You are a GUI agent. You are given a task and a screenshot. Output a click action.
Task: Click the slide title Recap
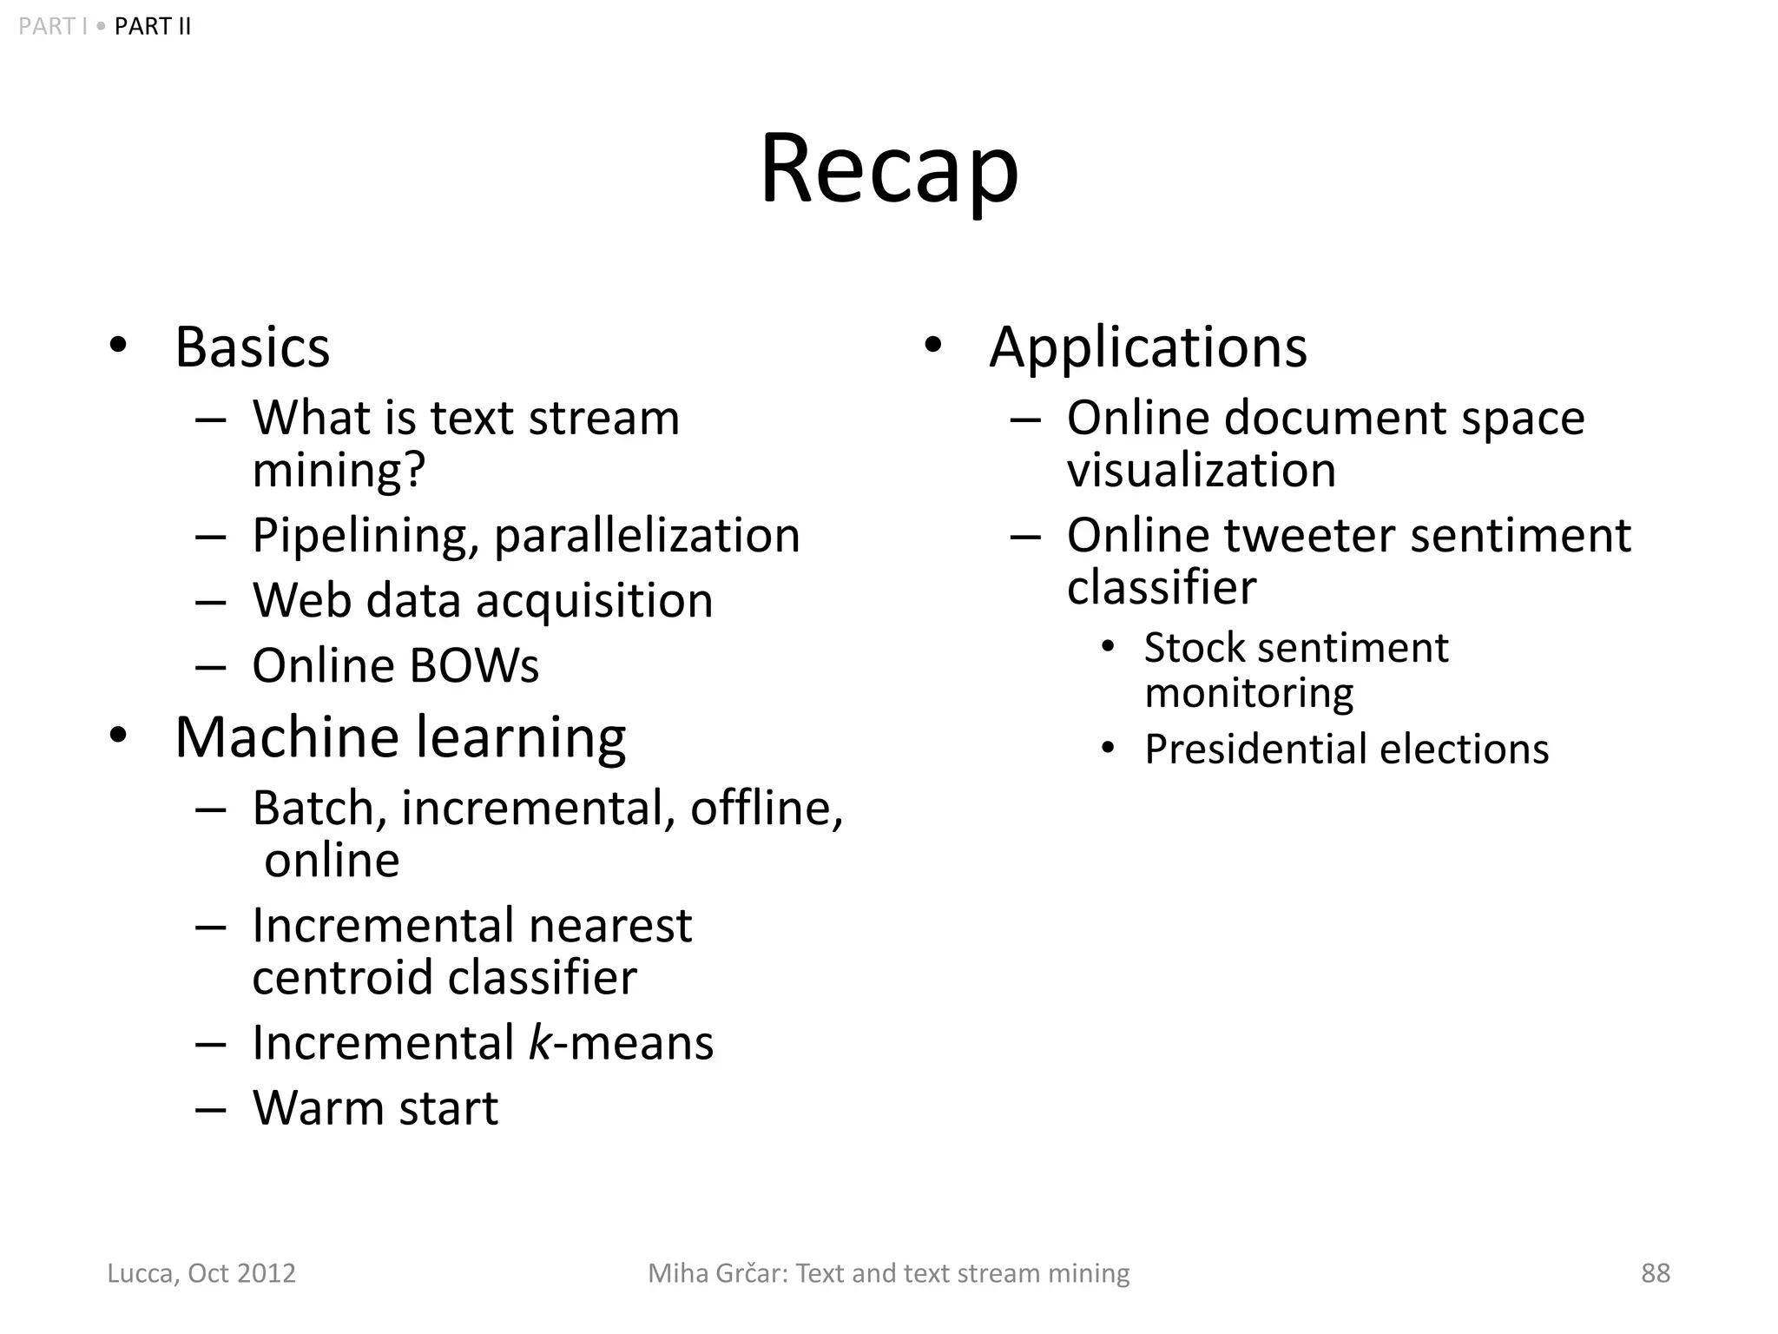click(889, 168)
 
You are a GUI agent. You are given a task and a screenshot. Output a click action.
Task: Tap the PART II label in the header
click(152, 27)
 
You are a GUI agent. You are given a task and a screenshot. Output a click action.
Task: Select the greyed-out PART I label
click(52, 27)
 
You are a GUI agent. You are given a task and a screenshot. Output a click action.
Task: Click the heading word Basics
click(252, 347)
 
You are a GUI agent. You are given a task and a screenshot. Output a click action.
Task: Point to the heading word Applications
click(1148, 347)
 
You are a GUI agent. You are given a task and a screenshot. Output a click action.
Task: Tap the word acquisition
click(595, 601)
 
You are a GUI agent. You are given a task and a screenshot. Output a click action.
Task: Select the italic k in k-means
click(539, 1042)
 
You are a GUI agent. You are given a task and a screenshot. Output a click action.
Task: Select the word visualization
click(1201, 471)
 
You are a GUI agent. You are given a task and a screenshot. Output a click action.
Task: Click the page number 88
click(1655, 1273)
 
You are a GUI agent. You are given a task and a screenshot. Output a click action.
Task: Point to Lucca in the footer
click(142, 1273)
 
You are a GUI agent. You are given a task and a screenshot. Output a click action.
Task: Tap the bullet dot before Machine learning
click(118, 736)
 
